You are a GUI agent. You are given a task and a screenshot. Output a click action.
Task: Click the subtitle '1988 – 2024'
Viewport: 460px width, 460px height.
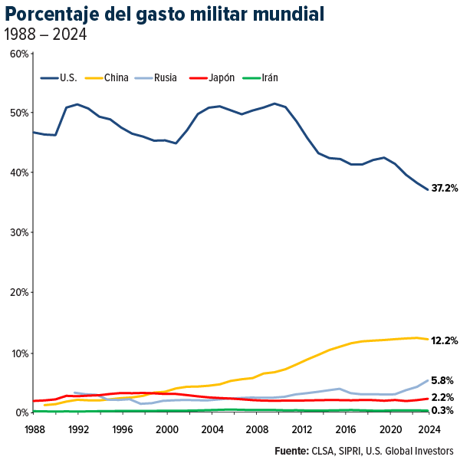pos(45,34)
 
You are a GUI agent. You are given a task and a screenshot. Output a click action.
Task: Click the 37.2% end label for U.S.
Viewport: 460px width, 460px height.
pos(445,188)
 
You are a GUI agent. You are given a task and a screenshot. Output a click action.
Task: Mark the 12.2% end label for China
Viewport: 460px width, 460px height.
pos(445,340)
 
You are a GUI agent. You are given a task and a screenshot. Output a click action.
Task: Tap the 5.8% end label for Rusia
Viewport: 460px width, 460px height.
pos(442,380)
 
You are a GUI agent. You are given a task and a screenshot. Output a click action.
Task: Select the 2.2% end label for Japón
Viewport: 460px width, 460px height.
pos(442,397)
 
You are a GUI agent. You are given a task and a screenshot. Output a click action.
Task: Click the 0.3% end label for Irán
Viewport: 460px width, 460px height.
pos(442,411)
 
